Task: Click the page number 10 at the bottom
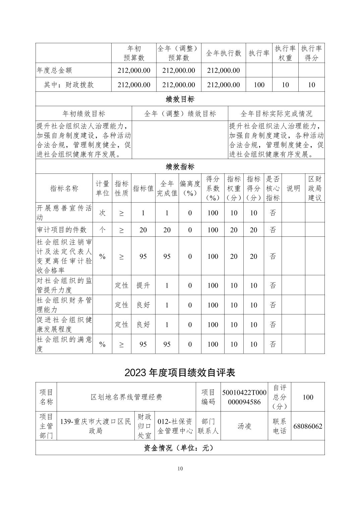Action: point(180,468)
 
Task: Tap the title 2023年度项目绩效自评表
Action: point(180,372)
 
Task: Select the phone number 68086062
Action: point(308,426)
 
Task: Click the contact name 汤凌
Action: point(244,426)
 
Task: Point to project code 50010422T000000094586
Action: point(244,397)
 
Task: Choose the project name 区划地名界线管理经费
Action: point(126,397)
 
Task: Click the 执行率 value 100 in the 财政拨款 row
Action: point(259,85)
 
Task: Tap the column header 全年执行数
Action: point(224,53)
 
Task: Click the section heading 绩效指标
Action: point(180,166)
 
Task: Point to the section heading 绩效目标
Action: point(180,99)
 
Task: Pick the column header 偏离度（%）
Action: point(190,188)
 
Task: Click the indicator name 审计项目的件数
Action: point(62,230)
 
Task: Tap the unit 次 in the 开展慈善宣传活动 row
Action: point(102,213)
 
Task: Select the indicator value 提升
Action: point(143,285)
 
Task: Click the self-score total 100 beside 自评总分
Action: point(308,397)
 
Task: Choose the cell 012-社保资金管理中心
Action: point(175,426)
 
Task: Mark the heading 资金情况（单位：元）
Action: point(180,448)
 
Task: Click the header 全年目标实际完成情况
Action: point(276,114)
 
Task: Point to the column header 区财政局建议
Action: point(315,188)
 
